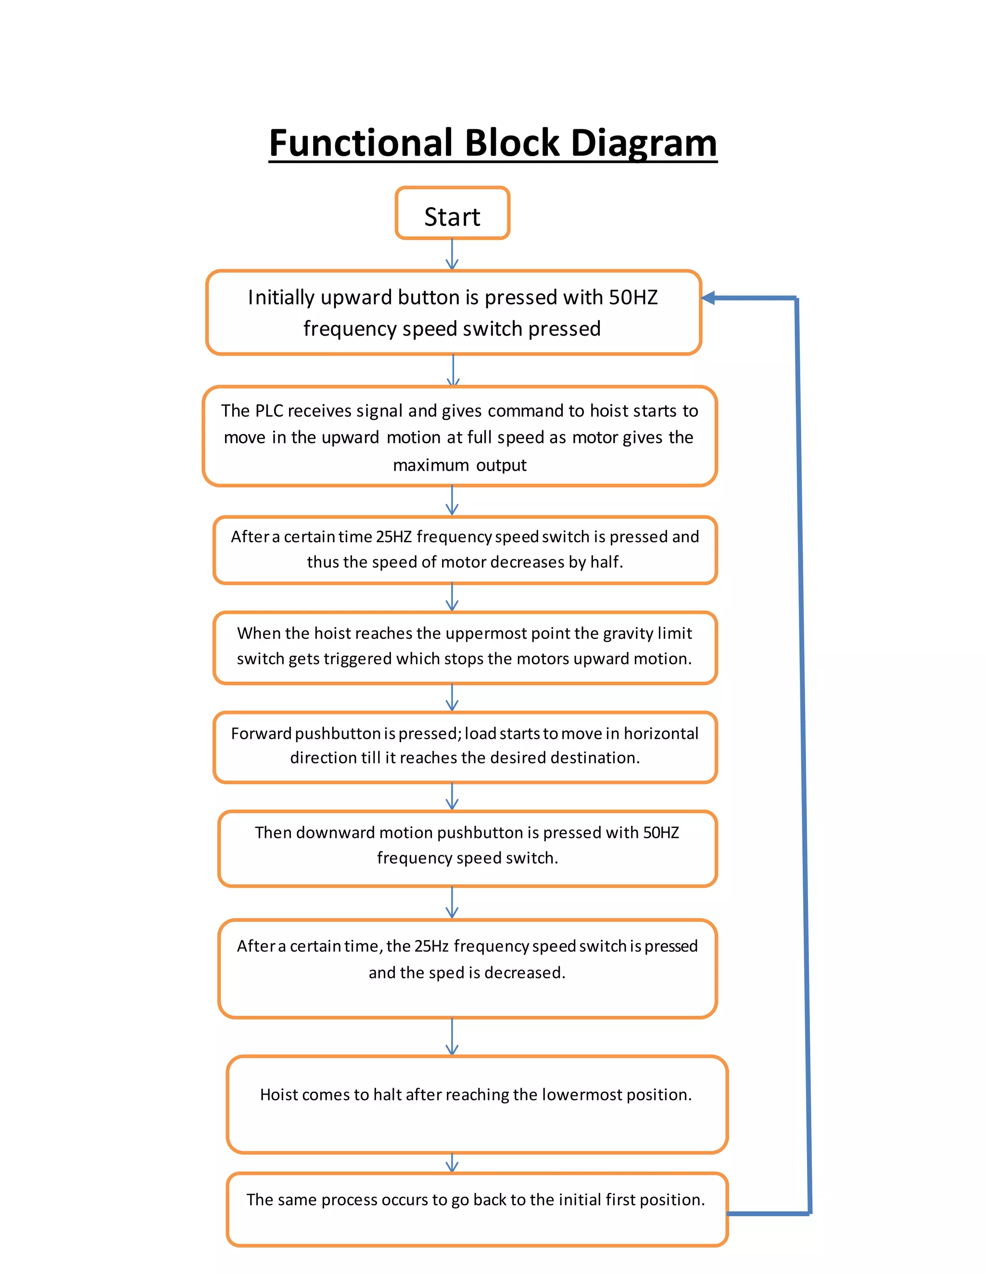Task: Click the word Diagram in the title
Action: tap(644, 143)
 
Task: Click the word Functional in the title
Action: tap(361, 143)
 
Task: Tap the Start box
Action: tap(452, 214)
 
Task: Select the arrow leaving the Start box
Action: tap(452, 254)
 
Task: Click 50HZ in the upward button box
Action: tap(633, 298)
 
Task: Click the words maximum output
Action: tap(459, 465)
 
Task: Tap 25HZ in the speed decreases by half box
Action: tap(394, 537)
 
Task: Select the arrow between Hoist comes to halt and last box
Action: tap(452, 1163)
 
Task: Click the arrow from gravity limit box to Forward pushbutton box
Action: tap(452, 698)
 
